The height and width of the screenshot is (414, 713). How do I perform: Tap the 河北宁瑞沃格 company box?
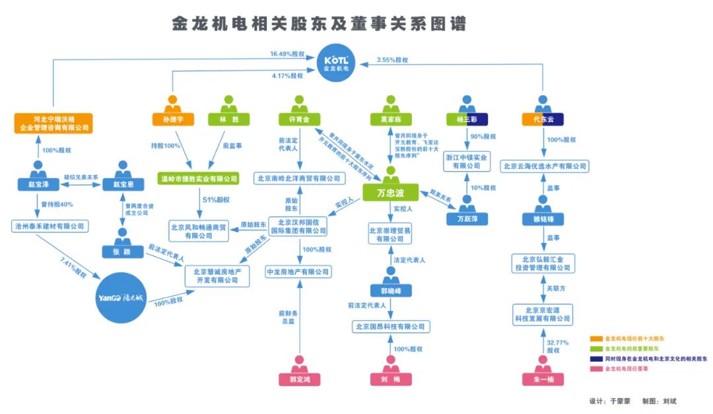[x=53, y=123]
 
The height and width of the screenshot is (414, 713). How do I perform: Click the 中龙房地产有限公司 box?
[x=298, y=271]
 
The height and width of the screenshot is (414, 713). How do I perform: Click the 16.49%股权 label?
[x=287, y=54]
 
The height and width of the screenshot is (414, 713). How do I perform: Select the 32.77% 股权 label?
[x=557, y=346]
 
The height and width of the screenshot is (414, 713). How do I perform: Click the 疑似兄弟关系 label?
[x=81, y=178]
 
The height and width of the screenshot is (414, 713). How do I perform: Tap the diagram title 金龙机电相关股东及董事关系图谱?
[x=319, y=24]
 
